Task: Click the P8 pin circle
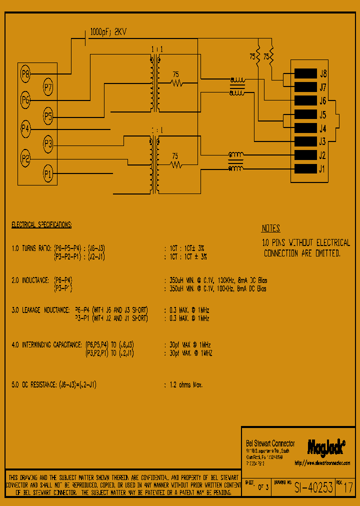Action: click(26, 75)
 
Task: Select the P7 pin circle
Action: click(48, 88)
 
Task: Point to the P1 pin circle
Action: click(48, 174)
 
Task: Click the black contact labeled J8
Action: click(305, 73)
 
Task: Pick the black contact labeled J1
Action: click(305, 168)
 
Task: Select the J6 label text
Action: click(323, 101)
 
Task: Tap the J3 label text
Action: click(323, 141)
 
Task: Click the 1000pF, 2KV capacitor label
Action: click(108, 31)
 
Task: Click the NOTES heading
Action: click(271, 229)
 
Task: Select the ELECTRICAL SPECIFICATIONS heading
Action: click(41, 225)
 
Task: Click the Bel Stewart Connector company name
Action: click(270, 443)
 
